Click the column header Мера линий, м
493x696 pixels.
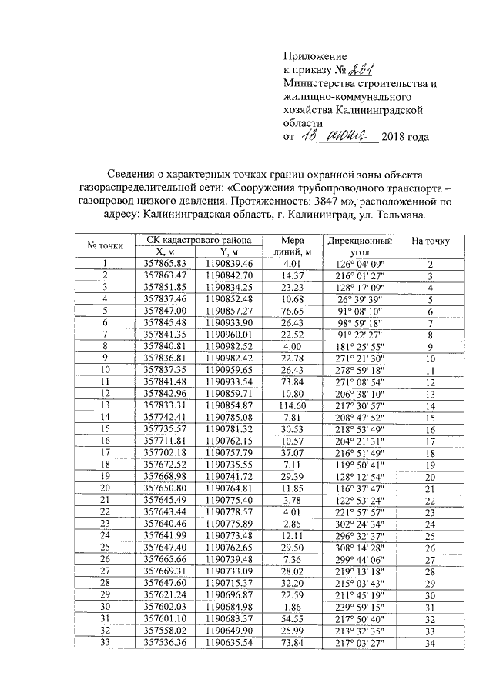(293, 245)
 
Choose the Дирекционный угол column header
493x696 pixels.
(359, 245)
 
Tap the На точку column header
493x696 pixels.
(431, 241)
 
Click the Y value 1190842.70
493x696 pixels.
(224, 275)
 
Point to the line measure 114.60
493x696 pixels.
(293, 405)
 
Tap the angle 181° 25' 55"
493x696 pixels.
(358, 345)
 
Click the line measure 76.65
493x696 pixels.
(293, 310)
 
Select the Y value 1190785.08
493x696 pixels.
(224, 416)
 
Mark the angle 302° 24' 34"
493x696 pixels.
(358, 523)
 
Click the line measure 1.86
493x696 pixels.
(293, 605)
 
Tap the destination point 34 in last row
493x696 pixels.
(431, 641)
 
